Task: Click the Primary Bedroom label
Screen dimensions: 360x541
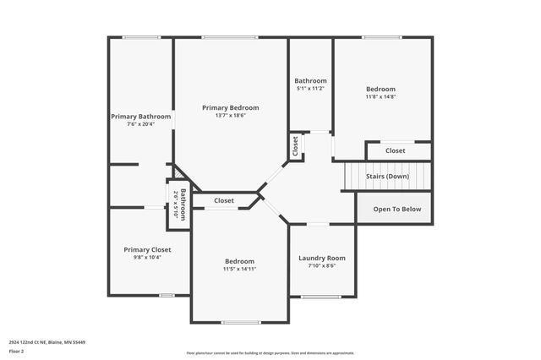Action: pyautogui.click(x=230, y=108)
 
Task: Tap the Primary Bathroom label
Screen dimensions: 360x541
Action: pyautogui.click(x=141, y=117)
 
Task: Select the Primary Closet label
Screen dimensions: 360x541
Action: pyautogui.click(x=147, y=249)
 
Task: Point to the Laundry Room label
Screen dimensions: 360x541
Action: pyautogui.click(x=322, y=258)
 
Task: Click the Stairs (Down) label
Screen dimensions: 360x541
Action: pyautogui.click(x=387, y=176)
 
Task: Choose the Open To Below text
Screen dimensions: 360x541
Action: pyautogui.click(x=396, y=209)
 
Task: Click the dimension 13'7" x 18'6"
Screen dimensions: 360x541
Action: pyautogui.click(x=230, y=116)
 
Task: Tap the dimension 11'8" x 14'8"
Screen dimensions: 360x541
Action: pyautogui.click(x=380, y=97)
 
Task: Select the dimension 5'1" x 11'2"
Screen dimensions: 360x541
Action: pyautogui.click(x=310, y=89)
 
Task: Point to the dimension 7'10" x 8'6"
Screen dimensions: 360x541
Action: pyautogui.click(x=322, y=265)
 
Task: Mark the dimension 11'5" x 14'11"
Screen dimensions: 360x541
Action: pyautogui.click(x=239, y=269)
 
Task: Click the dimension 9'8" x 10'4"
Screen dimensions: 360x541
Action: pyautogui.click(x=147, y=257)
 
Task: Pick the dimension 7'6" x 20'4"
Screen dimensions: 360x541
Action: pyautogui.click(x=141, y=124)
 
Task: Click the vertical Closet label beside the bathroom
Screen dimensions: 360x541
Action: pyautogui.click(x=295, y=145)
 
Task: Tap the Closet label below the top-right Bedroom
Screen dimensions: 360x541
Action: pyautogui.click(x=396, y=150)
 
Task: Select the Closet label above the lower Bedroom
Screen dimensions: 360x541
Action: pyautogui.click(x=224, y=200)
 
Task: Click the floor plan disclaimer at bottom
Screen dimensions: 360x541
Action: pyautogui.click(x=270, y=352)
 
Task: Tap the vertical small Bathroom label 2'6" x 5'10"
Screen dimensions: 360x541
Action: pyautogui.click(x=179, y=204)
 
